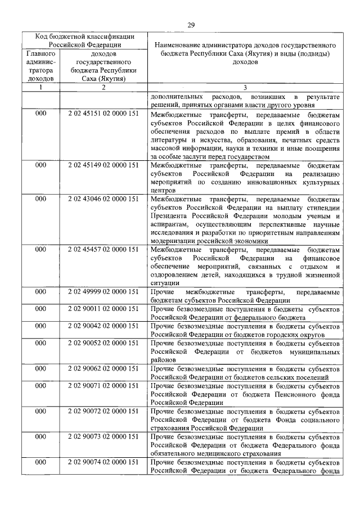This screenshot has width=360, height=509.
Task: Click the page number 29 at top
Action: pyautogui.click(x=190, y=25)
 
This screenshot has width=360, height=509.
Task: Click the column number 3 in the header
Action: pyautogui.click(x=245, y=88)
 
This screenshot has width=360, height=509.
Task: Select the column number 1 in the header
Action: pyautogui.click(x=40, y=88)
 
